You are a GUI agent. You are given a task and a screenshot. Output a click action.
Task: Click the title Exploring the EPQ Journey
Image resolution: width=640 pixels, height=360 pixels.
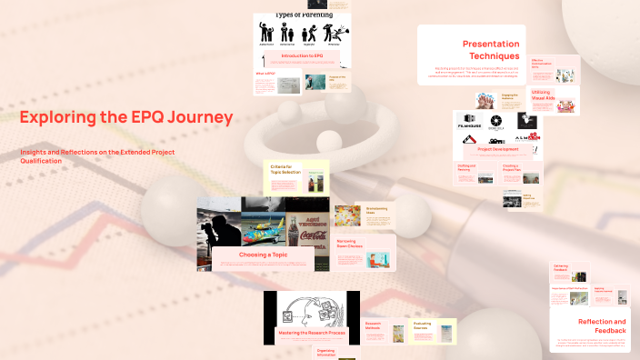point(126,117)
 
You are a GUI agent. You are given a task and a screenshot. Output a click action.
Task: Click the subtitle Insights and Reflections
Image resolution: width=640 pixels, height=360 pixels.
point(97,155)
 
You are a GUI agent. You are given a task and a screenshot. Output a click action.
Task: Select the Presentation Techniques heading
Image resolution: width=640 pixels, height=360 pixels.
point(491,49)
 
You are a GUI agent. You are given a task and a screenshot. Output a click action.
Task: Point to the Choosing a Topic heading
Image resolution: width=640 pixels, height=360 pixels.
point(265,255)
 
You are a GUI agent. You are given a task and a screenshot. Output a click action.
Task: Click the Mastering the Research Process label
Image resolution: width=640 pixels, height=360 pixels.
point(312,335)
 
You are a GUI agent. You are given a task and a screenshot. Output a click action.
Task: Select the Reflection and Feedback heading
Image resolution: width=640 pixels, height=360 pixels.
point(601,326)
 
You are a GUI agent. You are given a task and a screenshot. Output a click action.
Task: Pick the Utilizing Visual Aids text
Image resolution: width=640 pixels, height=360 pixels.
point(542,94)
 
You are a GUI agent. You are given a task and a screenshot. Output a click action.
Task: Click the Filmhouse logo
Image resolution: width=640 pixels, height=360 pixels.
point(469,120)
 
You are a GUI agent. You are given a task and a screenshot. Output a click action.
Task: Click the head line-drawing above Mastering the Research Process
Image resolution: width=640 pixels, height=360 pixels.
point(309,308)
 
